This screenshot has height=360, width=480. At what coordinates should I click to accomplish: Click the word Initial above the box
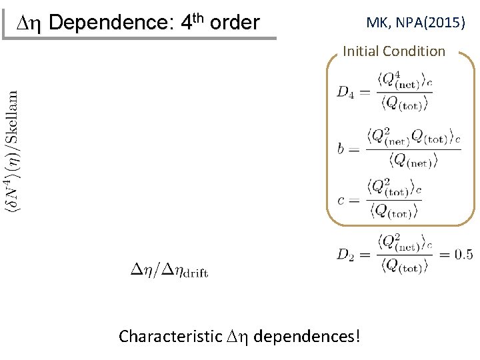click(362, 51)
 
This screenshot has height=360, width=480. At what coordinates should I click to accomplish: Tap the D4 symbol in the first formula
click(345, 92)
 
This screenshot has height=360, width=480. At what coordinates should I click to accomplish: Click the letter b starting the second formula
click(341, 149)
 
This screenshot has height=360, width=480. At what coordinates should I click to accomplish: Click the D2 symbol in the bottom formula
click(345, 254)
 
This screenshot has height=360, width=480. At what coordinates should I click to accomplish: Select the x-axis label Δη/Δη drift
click(170, 270)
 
